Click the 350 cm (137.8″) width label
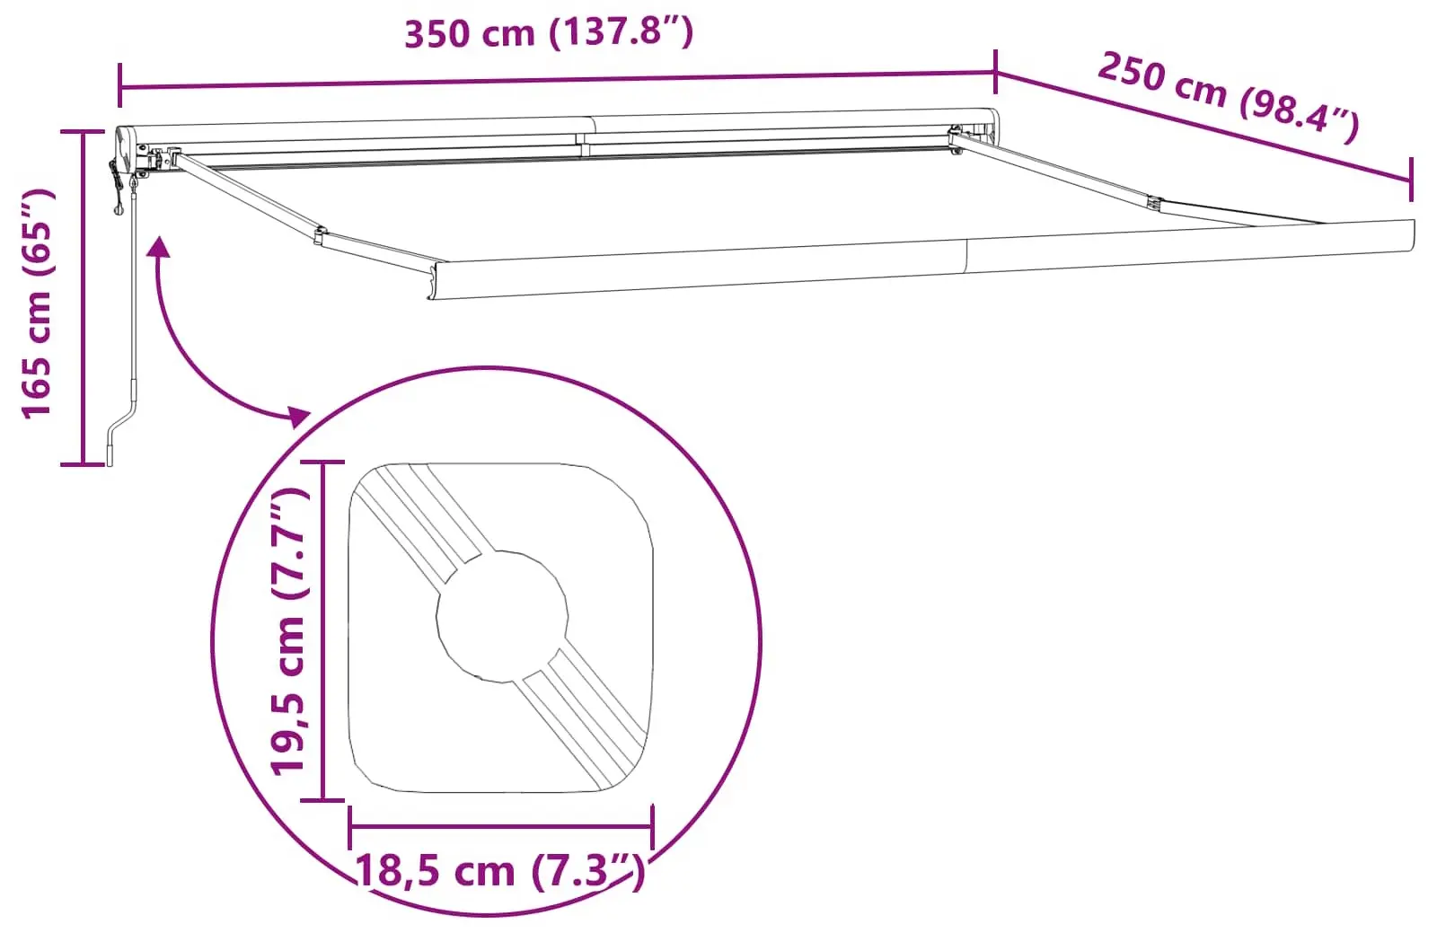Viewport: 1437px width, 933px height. (549, 33)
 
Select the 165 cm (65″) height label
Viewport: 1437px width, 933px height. (38, 304)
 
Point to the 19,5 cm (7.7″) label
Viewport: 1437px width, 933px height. (289, 631)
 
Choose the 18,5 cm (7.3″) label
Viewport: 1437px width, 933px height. (500, 871)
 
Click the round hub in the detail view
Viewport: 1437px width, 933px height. (502, 616)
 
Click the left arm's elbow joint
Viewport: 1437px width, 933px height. (320, 234)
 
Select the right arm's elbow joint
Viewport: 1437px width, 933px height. (1155, 205)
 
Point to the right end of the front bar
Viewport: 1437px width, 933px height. (1409, 235)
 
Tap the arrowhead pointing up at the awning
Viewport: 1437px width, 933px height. (159, 246)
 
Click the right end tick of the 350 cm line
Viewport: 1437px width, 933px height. (995, 72)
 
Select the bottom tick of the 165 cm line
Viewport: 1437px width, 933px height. (84, 463)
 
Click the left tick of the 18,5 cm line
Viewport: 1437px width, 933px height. (350, 824)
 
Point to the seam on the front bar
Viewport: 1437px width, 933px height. (967, 255)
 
